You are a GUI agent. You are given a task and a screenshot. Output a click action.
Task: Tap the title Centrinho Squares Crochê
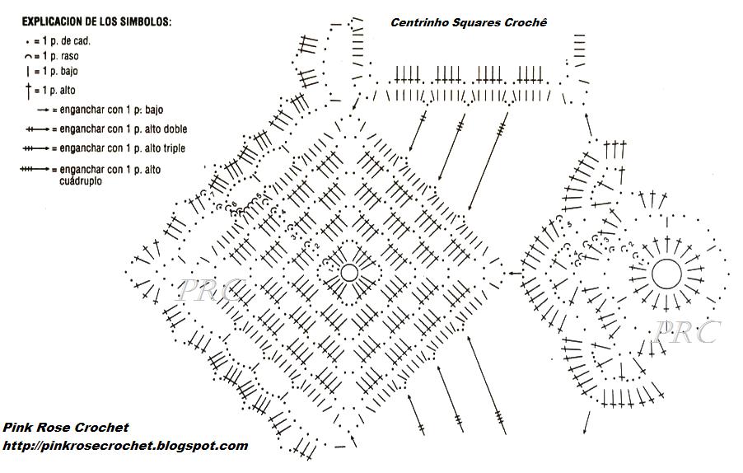pos(469,22)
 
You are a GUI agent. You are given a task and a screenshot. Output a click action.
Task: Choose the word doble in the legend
pos(175,129)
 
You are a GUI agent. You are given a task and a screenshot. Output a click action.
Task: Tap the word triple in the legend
pos(173,148)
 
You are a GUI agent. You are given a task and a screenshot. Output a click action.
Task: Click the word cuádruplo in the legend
pos(81,180)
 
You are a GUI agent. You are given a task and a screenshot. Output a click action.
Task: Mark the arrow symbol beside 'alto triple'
pos(35,149)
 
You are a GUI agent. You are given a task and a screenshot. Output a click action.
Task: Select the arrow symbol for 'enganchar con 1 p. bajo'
pos(43,109)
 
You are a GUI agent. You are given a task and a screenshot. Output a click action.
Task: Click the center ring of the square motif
pos(348,273)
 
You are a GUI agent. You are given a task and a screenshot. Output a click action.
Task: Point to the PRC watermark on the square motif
pos(209,290)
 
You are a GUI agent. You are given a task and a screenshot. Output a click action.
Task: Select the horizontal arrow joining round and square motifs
pos(514,273)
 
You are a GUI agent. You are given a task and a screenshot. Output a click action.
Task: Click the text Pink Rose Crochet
pos(66,428)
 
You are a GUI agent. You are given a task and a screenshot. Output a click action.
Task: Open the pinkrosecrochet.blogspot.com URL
pos(125,446)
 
